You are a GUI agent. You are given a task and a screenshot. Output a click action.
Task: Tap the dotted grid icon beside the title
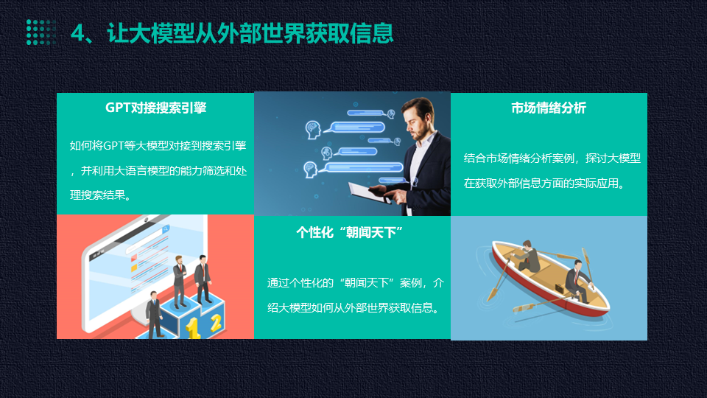(41, 32)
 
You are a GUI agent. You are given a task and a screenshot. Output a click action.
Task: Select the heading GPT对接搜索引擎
(156, 108)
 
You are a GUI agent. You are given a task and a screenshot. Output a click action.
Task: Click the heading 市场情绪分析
(549, 108)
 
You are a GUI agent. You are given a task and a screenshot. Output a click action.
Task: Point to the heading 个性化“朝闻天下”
(350, 232)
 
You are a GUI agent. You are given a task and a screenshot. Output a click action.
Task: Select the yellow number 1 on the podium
(193, 327)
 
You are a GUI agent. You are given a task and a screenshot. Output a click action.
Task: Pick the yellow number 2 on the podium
(216, 323)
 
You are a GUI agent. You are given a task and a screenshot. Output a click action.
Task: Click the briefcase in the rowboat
(559, 287)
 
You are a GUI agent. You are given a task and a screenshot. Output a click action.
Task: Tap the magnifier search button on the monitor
(166, 229)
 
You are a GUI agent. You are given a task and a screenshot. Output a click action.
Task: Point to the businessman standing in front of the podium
(154, 315)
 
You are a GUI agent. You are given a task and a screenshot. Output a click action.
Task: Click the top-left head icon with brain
(312, 130)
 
